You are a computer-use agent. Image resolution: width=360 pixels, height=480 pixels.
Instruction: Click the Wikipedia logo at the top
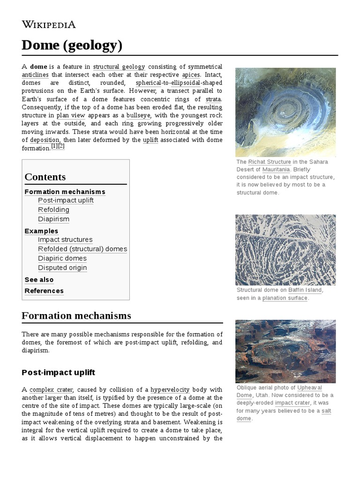click(48, 25)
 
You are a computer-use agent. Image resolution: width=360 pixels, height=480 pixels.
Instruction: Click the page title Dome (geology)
click(72, 45)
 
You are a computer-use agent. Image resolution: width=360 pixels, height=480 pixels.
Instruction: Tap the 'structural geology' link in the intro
click(119, 67)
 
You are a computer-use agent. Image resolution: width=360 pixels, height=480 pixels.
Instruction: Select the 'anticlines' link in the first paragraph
click(35, 75)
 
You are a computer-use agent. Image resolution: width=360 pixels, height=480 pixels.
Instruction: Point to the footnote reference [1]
click(54, 146)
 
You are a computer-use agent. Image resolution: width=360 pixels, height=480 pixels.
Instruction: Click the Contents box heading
click(45, 177)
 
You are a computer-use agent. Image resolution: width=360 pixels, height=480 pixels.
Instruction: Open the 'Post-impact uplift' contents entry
click(66, 201)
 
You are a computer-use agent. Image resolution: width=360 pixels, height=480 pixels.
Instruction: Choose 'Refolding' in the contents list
click(53, 210)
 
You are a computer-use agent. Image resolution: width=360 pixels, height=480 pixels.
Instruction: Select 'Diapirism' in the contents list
click(53, 219)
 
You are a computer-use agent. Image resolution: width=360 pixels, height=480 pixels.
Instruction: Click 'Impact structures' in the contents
click(65, 240)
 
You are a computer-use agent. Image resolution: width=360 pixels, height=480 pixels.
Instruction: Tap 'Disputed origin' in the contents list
click(62, 268)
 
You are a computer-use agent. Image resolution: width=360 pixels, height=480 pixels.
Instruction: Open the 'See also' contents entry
click(39, 280)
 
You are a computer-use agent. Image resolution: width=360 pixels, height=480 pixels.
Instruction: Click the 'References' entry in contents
click(44, 291)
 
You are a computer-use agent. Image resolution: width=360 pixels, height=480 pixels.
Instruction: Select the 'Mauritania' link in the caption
click(276, 169)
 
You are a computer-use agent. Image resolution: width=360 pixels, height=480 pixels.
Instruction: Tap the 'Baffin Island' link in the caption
click(305, 290)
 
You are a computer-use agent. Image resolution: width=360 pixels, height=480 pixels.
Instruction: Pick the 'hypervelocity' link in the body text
click(170, 390)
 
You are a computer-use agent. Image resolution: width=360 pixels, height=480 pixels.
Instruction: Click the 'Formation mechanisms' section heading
click(76, 315)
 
